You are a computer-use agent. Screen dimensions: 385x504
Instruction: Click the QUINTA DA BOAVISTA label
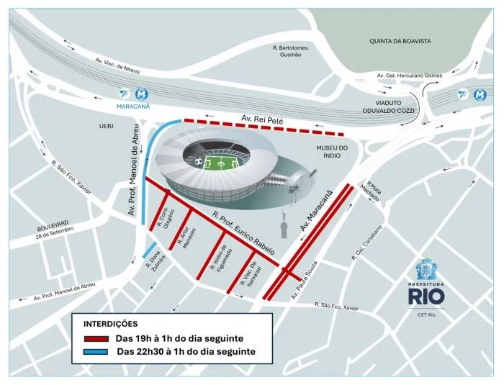tap(400, 42)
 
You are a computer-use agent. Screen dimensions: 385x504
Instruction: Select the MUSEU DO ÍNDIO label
tap(331, 153)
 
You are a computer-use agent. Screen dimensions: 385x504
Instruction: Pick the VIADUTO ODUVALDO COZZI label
tap(386, 107)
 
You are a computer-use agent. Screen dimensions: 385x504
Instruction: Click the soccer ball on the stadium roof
tap(199, 161)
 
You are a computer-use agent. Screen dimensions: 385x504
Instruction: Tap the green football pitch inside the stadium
tap(225, 163)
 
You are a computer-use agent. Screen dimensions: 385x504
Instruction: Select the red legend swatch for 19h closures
tap(96, 338)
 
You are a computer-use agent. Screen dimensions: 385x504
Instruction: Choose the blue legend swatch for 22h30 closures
tap(96, 351)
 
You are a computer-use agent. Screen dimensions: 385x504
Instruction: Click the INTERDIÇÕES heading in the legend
tap(111, 324)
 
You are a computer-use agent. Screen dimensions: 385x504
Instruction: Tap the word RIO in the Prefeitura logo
tap(431, 295)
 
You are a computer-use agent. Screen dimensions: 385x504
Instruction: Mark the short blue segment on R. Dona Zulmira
tap(150, 251)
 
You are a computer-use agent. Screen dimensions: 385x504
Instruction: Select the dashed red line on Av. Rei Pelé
tap(263, 127)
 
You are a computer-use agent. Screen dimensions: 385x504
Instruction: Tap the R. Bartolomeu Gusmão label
tap(291, 51)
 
